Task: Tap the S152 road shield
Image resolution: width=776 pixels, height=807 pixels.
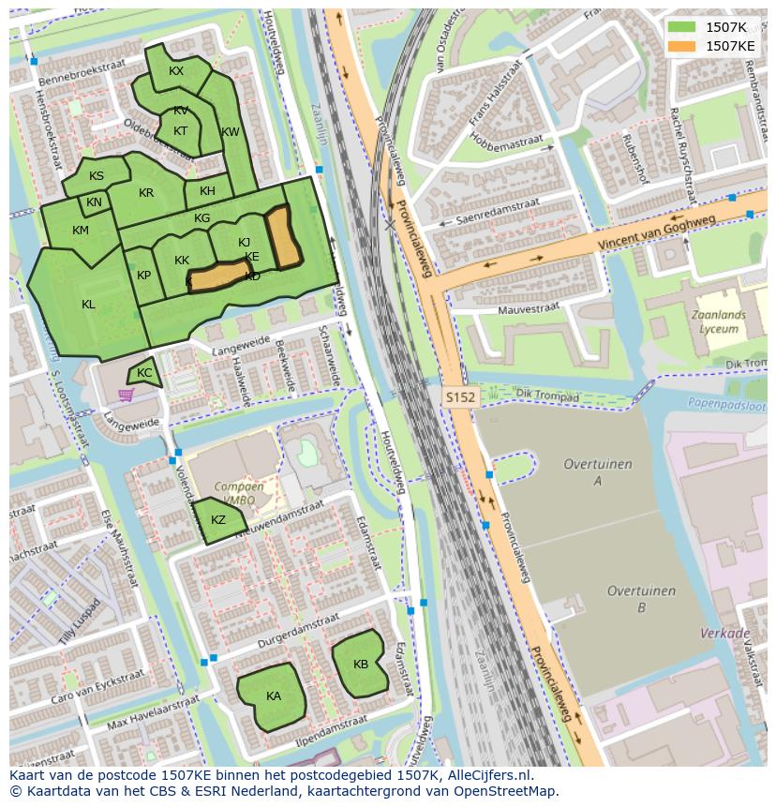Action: pos(460,397)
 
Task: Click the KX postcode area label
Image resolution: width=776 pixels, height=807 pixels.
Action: pos(176,71)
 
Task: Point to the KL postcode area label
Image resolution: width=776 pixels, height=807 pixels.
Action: pos(88,304)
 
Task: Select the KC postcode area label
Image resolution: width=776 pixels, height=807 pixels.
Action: pos(144,373)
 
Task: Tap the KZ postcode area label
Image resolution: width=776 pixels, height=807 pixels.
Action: pos(218,520)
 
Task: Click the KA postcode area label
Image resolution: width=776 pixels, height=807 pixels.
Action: pos(274,695)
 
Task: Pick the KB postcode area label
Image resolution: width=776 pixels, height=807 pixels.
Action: pos(361,665)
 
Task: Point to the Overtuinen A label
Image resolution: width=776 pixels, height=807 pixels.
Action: pos(597,472)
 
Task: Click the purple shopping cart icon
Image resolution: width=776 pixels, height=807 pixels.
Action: pos(126,395)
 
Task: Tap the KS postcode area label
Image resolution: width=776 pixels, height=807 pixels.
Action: pos(97,176)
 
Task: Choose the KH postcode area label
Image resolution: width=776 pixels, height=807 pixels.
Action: pos(207,191)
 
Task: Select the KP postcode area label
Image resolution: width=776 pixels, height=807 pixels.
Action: pos(143,276)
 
